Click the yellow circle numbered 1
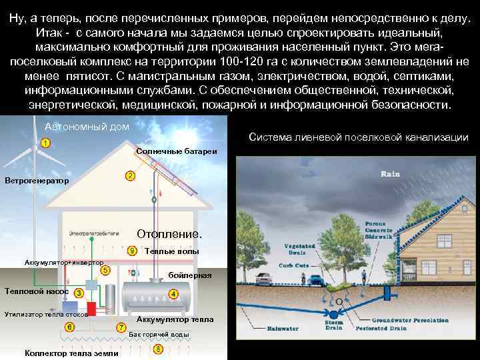(45, 143)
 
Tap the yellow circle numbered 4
(173, 294)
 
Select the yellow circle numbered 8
(158, 349)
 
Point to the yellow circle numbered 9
(133, 251)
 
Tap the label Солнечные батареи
(176, 151)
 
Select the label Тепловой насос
(35, 291)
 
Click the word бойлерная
(190, 275)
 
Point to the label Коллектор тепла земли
(71, 353)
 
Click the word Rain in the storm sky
(390, 173)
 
